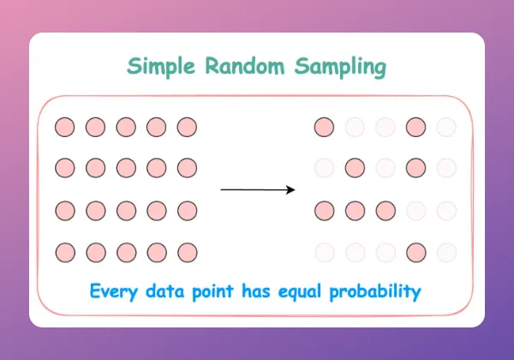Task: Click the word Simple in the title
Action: tap(161, 67)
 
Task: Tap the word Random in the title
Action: tap(245, 66)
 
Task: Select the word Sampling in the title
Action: tap(340, 67)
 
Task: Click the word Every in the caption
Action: tap(114, 291)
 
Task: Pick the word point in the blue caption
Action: tap(212, 291)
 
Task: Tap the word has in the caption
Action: tap(256, 291)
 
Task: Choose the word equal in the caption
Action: tap(300, 291)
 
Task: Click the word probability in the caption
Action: tap(375, 291)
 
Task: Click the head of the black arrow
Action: tap(295, 189)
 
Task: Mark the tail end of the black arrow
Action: tap(221, 189)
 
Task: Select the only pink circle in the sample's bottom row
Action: tap(416, 253)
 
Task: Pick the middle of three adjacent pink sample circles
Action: tap(355, 211)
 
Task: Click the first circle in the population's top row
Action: tap(64, 127)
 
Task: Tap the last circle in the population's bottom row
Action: tap(188, 253)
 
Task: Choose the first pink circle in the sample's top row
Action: tap(324, 127)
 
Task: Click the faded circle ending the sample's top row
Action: tap(446, 127)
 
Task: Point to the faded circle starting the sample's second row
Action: tap(324, 168)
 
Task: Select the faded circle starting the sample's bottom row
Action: tap(325, 253)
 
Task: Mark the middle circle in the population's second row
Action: tap(126, 168)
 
